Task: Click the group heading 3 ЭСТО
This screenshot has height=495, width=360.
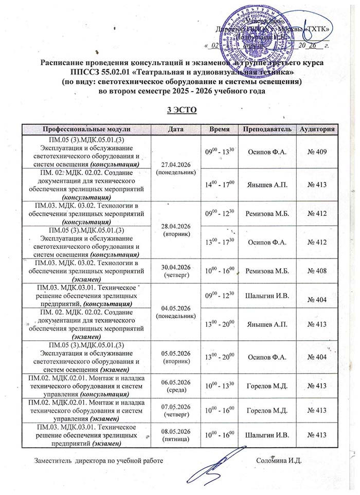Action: click(x=179, y=110)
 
